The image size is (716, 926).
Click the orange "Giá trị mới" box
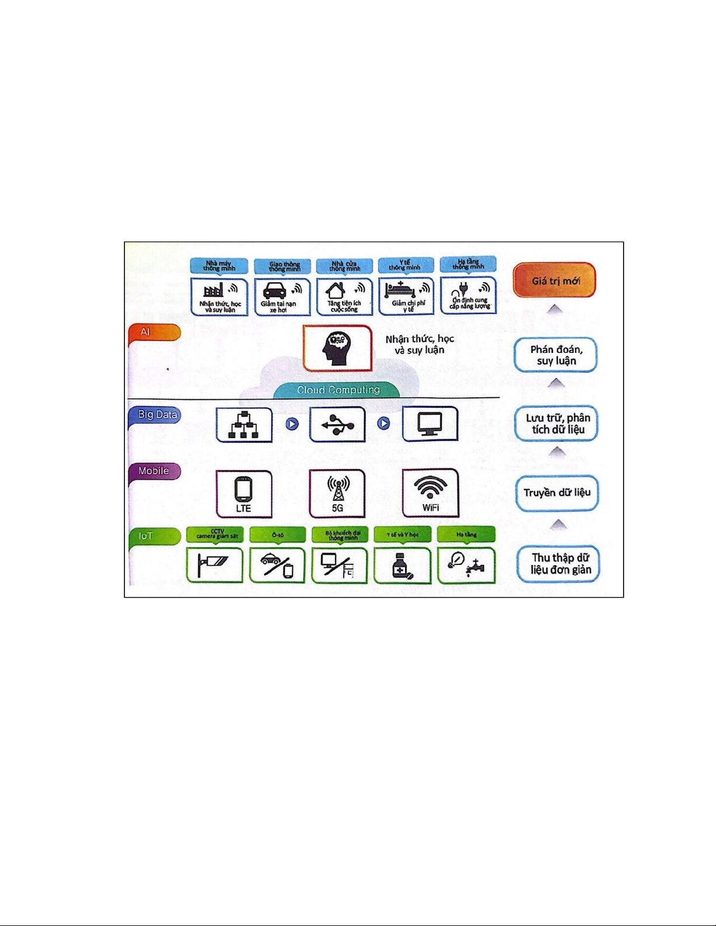tap(555, 280)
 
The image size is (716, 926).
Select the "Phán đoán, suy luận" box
tap(556, 355)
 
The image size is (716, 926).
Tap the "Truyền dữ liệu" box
tap(557, 493)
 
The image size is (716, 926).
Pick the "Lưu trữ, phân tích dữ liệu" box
tap(557, 424)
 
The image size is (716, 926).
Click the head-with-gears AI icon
tap(337, 348)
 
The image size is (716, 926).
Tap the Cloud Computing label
tap(338, 390)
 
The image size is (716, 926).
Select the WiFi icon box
tap(431, 493)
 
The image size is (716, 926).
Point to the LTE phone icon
tap(243, 490)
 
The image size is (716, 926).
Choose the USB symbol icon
tap(337, 424)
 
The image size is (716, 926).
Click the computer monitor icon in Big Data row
tap(430, 424)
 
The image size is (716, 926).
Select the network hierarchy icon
tap(244, 425)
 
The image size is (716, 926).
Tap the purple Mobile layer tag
tap(154, 471)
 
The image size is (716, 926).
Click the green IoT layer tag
tap(146, 535)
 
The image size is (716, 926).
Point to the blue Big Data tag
tap(157, 414)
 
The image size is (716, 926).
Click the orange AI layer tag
tap(146, 332)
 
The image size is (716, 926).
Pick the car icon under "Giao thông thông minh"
tap(274, 291)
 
